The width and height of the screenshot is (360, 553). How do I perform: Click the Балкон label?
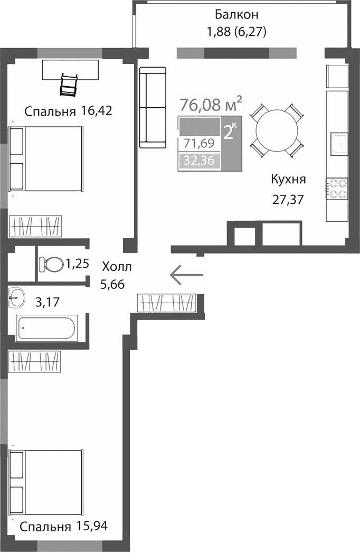point(236,14)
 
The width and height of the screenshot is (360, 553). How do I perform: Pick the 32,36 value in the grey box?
point(199,161)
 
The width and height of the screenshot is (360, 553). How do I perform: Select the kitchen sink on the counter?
point(338,142)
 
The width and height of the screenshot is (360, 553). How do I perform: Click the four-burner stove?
point(338,189)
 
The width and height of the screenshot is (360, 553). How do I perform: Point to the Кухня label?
point(288,179)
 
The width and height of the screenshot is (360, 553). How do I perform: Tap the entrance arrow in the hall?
point(186,274)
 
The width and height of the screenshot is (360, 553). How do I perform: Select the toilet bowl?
point(50,263)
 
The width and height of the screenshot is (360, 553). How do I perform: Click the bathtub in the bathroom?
point(47,327)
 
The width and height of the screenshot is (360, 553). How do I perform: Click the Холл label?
point(117,267)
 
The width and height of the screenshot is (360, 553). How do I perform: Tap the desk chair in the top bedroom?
point(70,84)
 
